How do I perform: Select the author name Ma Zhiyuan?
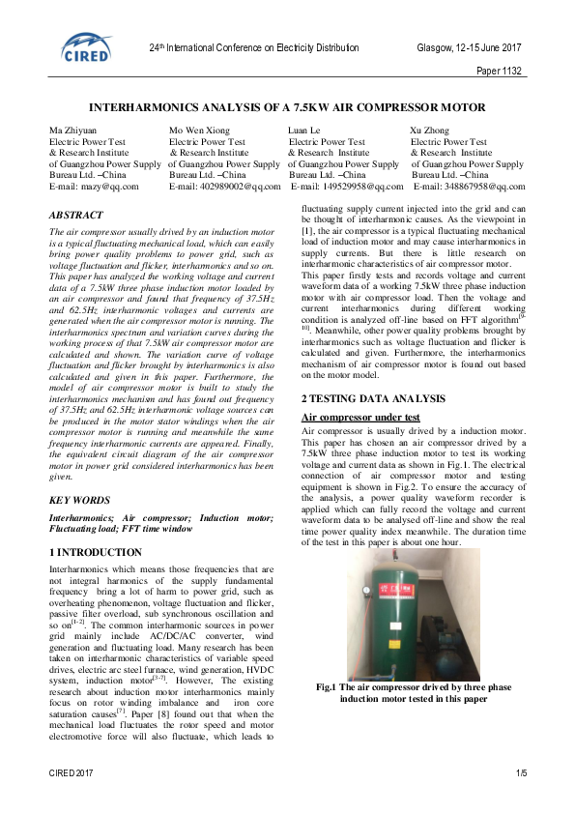(73, 131)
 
